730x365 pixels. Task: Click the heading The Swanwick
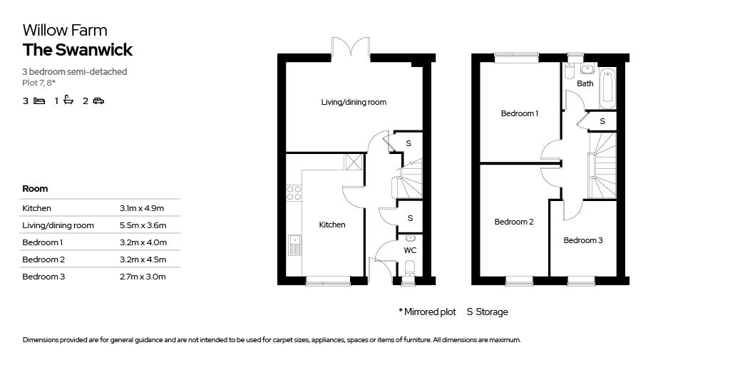coord(78,50)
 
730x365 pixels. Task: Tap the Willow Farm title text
coord(65,30)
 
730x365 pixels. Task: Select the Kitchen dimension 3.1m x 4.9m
coord(142,208)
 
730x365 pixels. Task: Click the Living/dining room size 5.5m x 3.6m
coord(143,225)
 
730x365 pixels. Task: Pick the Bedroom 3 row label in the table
coord(43,277)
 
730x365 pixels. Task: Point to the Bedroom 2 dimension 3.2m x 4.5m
coord(143,259)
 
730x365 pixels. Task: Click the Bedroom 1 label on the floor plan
coord(519,113)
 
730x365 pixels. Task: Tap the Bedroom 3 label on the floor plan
coord(582,240)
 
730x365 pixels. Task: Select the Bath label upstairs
coord(585,83)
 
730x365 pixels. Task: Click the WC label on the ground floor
coord(410,250)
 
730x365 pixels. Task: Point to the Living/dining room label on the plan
coord(354,102)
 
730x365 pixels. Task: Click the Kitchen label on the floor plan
coord(331,225)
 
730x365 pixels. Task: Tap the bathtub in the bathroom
coord(607,86)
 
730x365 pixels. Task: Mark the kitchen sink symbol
coord(294,245)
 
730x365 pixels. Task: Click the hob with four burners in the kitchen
coord(294,192)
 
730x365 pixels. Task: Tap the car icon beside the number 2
coord(98,101)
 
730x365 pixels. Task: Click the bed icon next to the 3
coord(39,101)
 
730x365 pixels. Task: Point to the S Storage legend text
coord(487,312)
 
